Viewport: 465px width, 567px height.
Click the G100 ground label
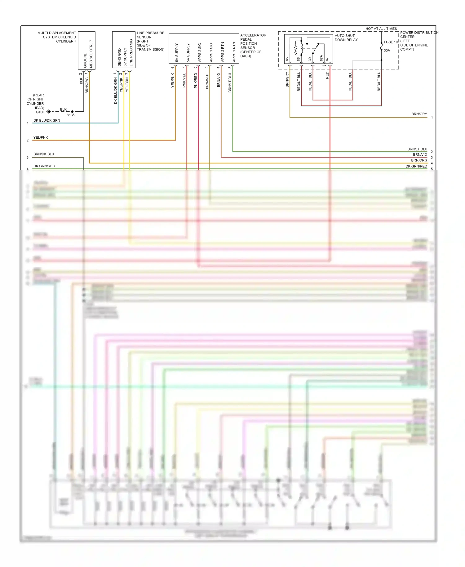pos(40,112)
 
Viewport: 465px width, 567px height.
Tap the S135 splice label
pos(71,115)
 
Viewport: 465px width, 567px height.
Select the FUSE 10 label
pos(391,42)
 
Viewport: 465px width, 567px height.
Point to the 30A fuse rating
pos(387,50)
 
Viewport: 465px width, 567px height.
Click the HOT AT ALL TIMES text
pos(381,29)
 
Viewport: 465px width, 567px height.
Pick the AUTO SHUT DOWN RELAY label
pos(346,38)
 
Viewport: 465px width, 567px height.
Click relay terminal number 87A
pos(321,58)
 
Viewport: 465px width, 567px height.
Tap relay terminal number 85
pos(287,59)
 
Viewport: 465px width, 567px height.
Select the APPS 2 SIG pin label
pos(200,52)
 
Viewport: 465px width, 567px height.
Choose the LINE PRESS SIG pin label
pos(131,52)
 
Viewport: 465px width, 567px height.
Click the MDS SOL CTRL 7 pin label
pos(91,54)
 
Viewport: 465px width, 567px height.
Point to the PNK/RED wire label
pos(196,81)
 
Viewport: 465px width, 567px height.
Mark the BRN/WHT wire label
pos(207,81)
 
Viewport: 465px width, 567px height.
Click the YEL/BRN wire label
pos(127,85)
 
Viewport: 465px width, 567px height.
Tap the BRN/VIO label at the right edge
pos(420,154)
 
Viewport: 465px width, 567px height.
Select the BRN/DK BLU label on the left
pos(44,154)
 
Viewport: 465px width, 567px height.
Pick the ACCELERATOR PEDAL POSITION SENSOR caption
pos(253,46)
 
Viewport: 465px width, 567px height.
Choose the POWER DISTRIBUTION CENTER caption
pos(418,41)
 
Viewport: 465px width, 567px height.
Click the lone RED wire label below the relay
pos(327,75)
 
